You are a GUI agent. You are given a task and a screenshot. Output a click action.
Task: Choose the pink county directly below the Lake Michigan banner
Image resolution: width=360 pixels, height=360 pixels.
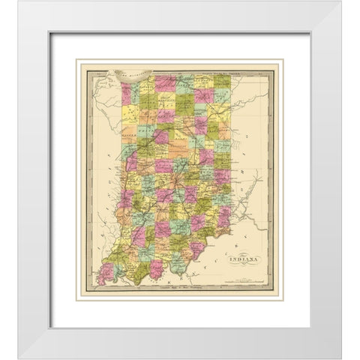(x=126, y=93)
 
